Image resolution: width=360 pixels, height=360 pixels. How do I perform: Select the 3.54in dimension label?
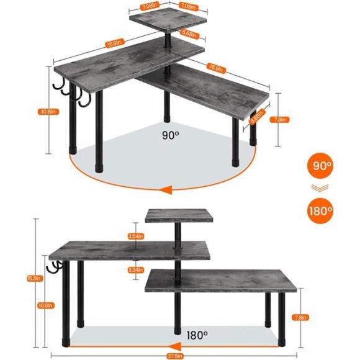(136, 236)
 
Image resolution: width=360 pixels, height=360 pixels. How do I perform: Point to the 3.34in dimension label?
(136, 270)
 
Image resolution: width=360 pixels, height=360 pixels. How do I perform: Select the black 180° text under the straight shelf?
(197, 335)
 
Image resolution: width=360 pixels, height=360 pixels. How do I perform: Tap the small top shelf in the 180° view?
(180, 216)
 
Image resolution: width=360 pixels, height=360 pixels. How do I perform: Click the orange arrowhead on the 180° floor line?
(175, 345)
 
